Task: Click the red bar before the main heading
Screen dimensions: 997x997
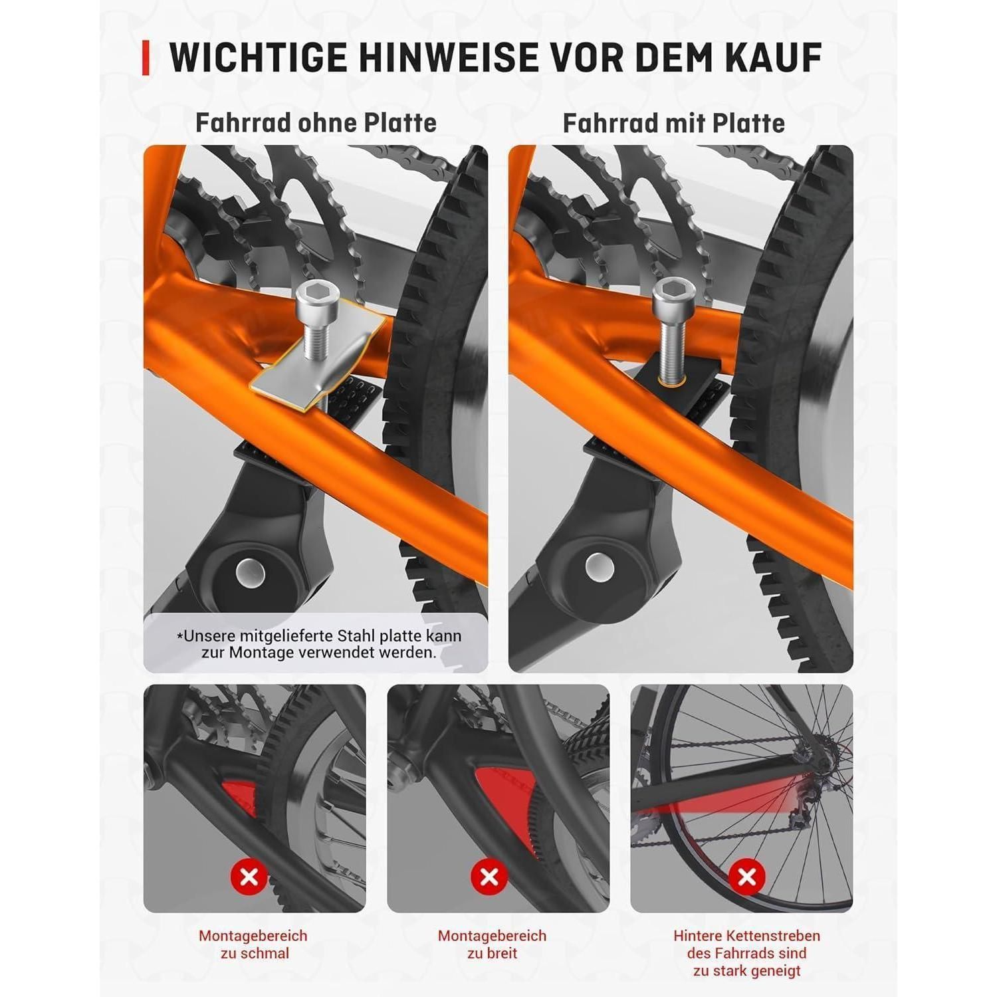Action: coord(146,58)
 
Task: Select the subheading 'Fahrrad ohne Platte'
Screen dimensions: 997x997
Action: coord(316,123)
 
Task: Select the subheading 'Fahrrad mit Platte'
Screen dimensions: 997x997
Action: coord(673,123)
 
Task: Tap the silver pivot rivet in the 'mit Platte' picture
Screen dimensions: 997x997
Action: coord(599,567)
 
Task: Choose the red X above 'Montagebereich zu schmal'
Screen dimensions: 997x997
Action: coord(249,877)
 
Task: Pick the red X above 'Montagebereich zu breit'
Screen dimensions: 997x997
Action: coord(489,877)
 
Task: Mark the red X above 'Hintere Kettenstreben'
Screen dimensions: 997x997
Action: coord(747,877)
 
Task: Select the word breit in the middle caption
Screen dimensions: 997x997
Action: coord(501,953)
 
